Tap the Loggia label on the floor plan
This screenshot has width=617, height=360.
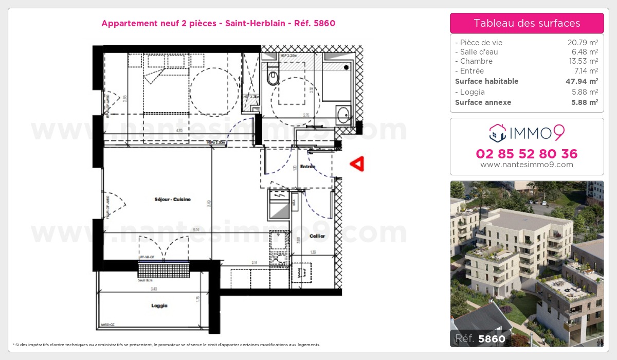tap(159, 305)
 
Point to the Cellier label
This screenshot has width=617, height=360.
tap(317, 236)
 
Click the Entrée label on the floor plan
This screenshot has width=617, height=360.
tap(307, 167)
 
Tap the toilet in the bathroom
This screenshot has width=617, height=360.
tap(273, 78)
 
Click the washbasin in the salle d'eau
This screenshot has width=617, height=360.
tap(343, 115)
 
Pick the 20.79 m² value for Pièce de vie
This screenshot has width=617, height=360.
tap(583, 43)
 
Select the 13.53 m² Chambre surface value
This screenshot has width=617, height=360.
tap(583, 61)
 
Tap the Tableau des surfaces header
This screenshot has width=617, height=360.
tap(527, 23)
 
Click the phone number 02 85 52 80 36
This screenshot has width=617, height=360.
tap(527, 154)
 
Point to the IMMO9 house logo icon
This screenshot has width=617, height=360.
tap(497, 133)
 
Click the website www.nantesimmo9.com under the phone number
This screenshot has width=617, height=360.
tap(527, 165)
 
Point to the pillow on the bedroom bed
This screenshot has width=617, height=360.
tap(156, 62)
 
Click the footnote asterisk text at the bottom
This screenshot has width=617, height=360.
tap(166, 345)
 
